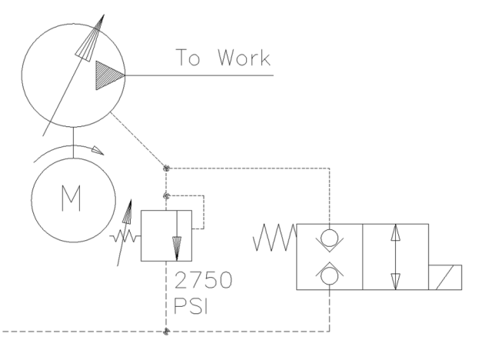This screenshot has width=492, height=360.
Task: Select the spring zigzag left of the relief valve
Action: click(127, 235)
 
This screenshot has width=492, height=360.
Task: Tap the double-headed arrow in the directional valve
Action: click(394, 256)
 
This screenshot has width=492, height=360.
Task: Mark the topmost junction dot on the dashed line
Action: click(167, 167)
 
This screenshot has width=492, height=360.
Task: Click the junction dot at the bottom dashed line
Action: click(167, 332)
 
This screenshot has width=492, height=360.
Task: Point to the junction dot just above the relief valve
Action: click(167, 195)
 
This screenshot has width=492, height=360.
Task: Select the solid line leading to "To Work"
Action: click(200, 75)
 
